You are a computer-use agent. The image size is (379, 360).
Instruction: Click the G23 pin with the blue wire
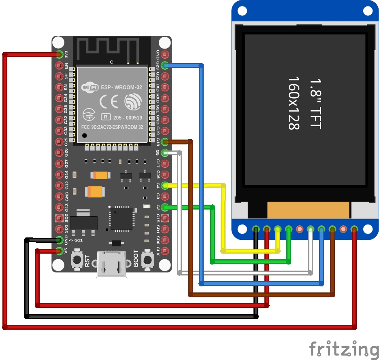[x=165, y=65]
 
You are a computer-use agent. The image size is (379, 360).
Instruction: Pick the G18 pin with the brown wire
[x=165, y=142]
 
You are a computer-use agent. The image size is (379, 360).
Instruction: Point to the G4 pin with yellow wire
[x=165, y=185]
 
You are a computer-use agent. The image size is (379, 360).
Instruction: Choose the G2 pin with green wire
[x=165, y=207]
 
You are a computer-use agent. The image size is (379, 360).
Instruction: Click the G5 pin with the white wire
[x=165, y=152]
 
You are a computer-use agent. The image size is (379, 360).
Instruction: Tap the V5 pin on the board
[x=60, y=251]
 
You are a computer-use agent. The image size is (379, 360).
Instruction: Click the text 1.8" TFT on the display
[x=315, y=104]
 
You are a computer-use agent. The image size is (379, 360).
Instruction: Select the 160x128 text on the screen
[x=294, y=104]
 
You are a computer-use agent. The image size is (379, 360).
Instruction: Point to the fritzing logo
[x=344, y=349]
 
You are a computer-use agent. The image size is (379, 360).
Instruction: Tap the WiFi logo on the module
[x=89, y=87]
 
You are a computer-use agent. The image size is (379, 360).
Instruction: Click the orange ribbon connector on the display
[x=309, y=210]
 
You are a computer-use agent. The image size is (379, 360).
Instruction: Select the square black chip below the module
[x=121, y=218]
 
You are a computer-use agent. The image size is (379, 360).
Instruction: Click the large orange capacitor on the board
[x=96, y=191]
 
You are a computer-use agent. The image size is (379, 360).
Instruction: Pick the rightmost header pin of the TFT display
[x=354, y=229]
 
